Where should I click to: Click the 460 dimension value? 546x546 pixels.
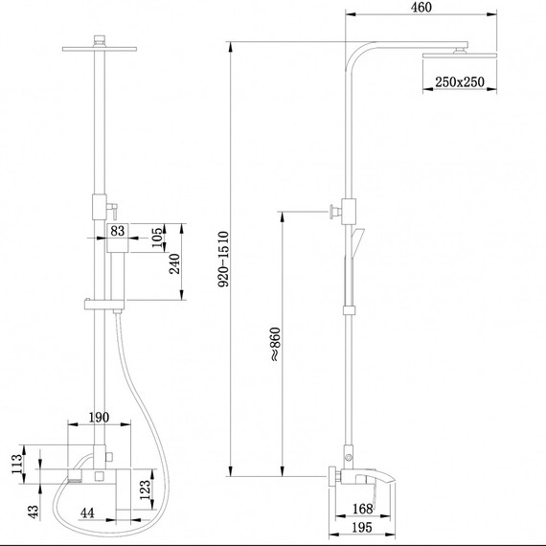click(421, 8)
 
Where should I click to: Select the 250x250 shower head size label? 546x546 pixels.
click(460, 81)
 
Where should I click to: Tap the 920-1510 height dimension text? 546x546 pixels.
click(223, 259)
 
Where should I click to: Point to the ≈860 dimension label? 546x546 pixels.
click(275, 344)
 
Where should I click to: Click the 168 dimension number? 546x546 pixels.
click(362, 509)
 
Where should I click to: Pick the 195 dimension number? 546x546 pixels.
click(362, 527)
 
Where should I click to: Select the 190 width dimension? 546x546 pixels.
click(99, 417)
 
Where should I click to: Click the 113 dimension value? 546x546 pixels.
click(17, 464)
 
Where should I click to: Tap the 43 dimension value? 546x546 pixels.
click(34, 512)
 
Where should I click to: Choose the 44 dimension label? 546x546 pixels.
click(87, 512)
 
